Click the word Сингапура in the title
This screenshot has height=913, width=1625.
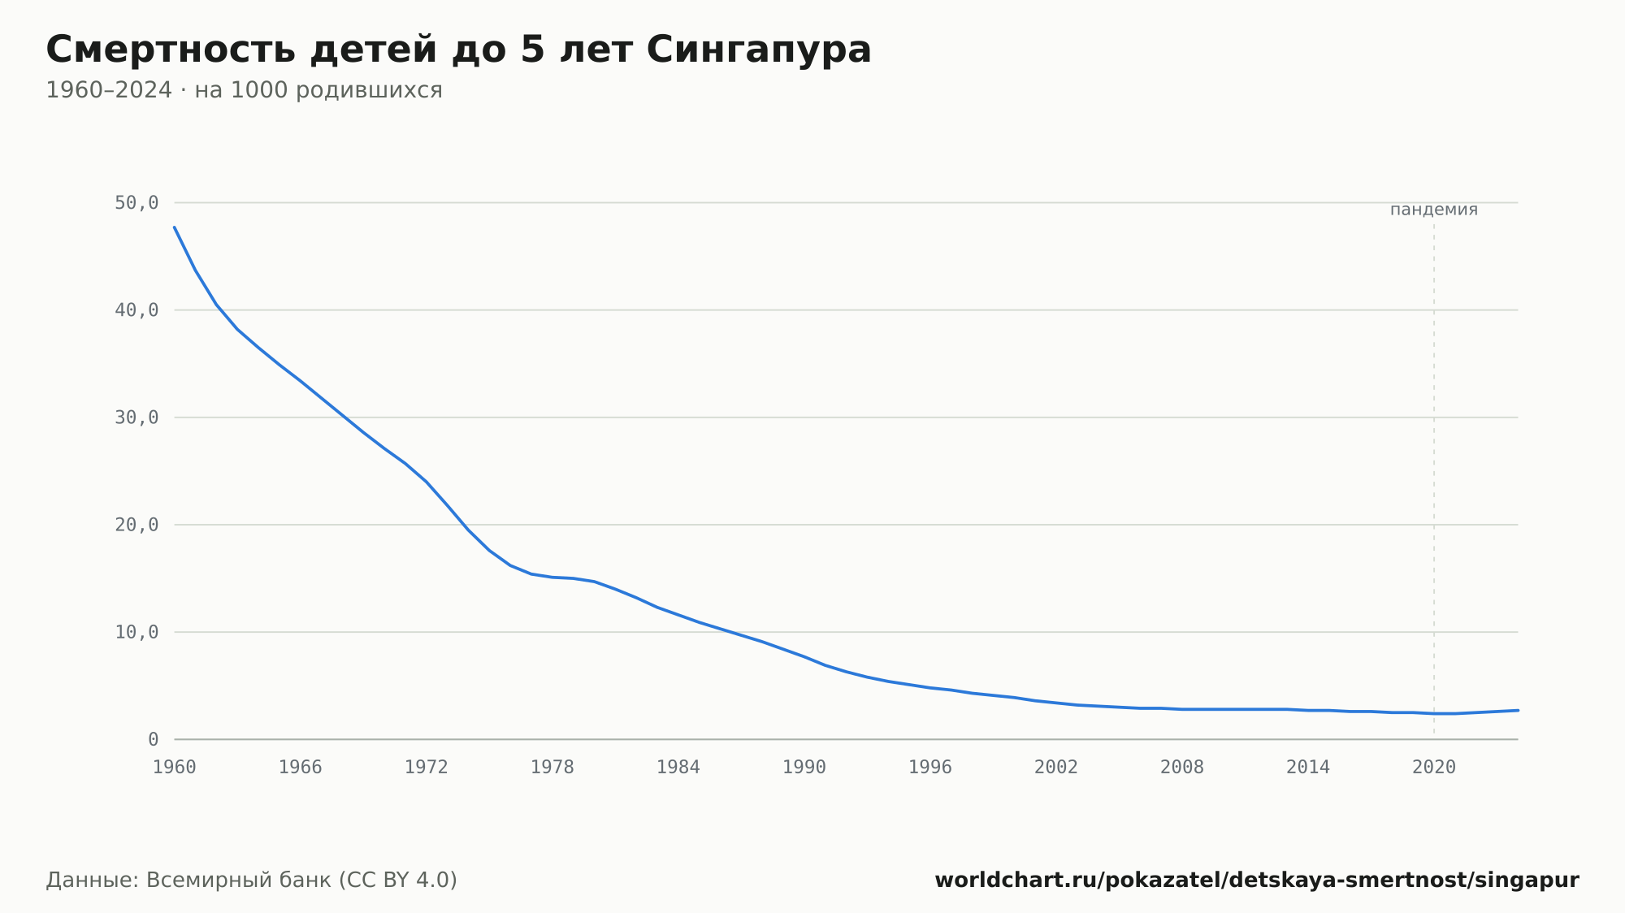[x=759, y=50]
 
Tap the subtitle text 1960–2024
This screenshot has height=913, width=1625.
[x=109, y=90]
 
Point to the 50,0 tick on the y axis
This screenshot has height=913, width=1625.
[x=136, y=203]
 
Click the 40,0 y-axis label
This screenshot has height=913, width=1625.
[x=136, y=310]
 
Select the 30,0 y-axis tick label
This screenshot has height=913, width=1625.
[x=136, y=418]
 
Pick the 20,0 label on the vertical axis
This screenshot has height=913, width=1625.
[x=136, y=525]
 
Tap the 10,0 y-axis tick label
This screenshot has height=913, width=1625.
[x=136, y=632]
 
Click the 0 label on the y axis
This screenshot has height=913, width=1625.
[x=154, y=739]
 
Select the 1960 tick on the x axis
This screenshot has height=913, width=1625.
[x=175, y=768]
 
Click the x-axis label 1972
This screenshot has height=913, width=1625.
[x=427, y=768]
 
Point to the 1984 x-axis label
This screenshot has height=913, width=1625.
[x=678, y=768]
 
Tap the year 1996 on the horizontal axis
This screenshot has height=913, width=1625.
[x=930, y=768]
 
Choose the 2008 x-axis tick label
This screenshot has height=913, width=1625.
[x=1182, y=768]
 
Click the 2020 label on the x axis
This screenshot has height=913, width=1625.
[x=1434, y=768]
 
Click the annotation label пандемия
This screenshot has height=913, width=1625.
[x=1434, y=210]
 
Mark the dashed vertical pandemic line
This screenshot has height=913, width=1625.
[x=1434, y=479]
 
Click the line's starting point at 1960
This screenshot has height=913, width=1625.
[x=175, y=227]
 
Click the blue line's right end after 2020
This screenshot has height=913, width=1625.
[x=1518, y=710]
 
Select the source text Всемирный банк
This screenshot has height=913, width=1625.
[x=239, y=881]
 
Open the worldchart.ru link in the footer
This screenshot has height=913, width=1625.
[x=1257, y=881]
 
